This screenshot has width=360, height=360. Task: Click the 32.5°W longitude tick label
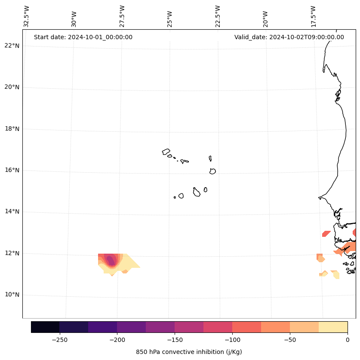pyautogui.click(x=27, y=16)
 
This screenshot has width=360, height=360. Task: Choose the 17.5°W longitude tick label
pyautogui.click(x=313, y=16)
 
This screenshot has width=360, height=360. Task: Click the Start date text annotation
pyautogui.click(x=83, y=37)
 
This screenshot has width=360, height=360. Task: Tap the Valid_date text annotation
pyautogui.click(x=289, y=37)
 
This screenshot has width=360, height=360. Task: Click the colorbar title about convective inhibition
pyautogui.click(x=189, y=352)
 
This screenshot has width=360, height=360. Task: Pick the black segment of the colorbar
pyautogui.click(x=45, y=327)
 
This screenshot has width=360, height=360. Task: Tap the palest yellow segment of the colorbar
pyautogui.click(x=333, y=327)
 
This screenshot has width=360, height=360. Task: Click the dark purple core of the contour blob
pyautogui.click(x=111, y=260)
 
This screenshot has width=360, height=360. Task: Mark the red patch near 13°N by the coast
pyautogui.click(x=326, y=234)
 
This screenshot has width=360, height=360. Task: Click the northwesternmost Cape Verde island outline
pyautogui.click(x=166, y=151)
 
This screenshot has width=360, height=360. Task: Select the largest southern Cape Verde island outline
pyautogui.click(x=197, y=192)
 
